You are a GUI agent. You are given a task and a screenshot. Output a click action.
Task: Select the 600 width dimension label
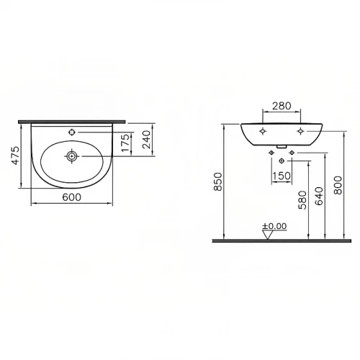(x=71, y=197)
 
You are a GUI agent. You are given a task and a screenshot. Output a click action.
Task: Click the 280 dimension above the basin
(x=282, y=107)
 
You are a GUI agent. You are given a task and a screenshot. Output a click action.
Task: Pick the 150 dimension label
(x=282, y=176)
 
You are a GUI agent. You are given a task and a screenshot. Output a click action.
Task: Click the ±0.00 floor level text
(x=274, y=226)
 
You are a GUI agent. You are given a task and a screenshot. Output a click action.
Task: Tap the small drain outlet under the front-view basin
(x=282, y=150)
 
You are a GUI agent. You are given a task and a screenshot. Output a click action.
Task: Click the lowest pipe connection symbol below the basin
(x=282, y=161)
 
